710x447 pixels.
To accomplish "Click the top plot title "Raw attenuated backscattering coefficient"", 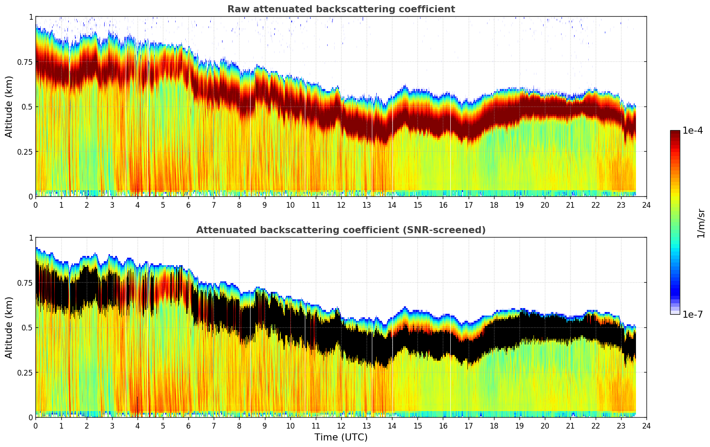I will [341, 9].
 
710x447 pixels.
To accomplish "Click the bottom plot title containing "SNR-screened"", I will [341, 230].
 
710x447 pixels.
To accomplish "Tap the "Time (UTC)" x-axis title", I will [341, 437].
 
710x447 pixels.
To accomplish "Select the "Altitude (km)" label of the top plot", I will [9, 106].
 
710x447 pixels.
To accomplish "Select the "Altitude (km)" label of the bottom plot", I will [9, 327].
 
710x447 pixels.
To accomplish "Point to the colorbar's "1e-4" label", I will [692, 131].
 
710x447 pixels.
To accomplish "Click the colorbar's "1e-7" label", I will [692, 314].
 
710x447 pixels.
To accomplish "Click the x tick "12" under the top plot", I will [341, 205].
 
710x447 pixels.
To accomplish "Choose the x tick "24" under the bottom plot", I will [646, 426].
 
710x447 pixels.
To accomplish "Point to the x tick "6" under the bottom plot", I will [188, 426].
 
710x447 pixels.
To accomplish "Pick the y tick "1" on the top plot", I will [31, 17].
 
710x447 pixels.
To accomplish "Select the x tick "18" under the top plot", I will [494, 205].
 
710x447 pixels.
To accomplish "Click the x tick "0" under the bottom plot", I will [35, 426].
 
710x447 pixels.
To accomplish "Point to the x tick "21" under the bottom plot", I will [570, 426].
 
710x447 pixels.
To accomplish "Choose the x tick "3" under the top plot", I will [112, 205].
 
